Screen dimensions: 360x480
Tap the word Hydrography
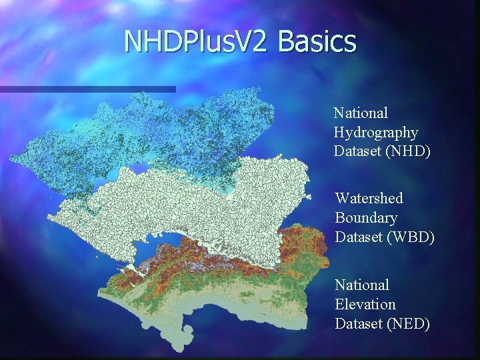[x=375, y=133]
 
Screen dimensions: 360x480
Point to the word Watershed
[x=369, y=198]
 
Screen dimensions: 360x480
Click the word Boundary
[x=366, y=218]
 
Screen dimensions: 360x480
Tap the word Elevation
[x=365, y=305]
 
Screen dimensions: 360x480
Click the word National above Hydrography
[x=361, y=113]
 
